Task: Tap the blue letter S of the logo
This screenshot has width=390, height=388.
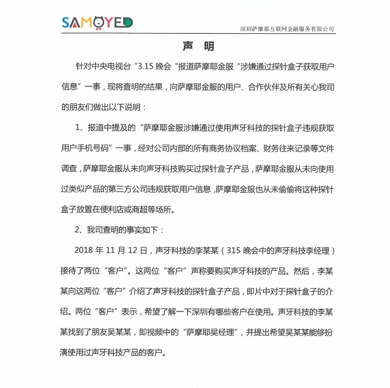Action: click(x=66, y=22)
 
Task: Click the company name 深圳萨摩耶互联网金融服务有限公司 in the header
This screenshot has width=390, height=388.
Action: click(x=287, y=29)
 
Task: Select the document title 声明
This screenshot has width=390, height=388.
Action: click(x=198, y=46)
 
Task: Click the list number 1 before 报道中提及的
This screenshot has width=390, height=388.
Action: click(x=77, y=128)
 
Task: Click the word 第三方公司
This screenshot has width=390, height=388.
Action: click(x=127, y=189)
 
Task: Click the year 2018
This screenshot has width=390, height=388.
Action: click(x=83, y=250)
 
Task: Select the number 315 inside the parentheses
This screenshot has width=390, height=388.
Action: click(x=233, y=250)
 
